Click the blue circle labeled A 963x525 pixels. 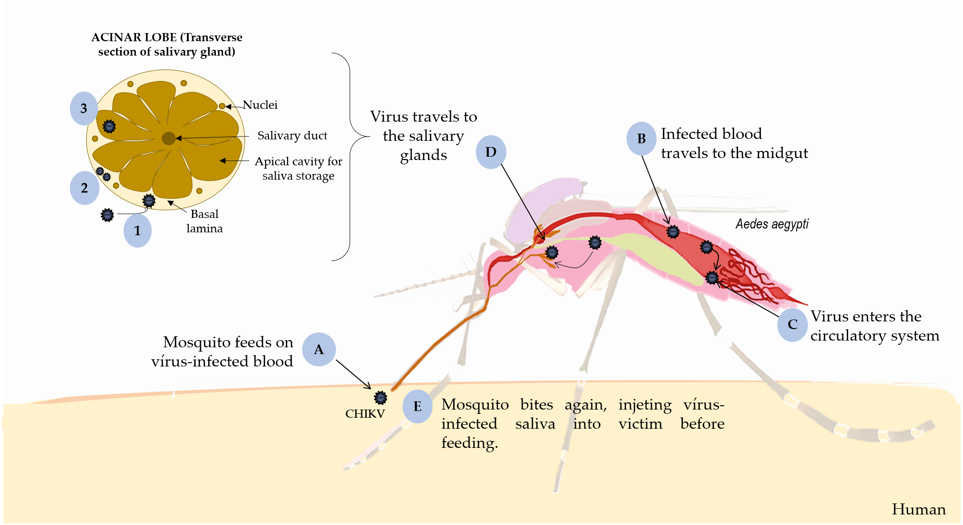click(319, 350)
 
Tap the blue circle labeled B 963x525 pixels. click(641, 139)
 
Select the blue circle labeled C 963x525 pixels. click(793, 325)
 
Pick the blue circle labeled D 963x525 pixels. click(491, 152)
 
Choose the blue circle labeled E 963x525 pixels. click(417, 406)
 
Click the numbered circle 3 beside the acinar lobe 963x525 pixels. click(84, 109)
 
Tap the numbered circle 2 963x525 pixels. click(84, 188)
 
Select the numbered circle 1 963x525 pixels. click(137, 231)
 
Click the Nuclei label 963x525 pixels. click(260, 105)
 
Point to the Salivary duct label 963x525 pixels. click(292, 136)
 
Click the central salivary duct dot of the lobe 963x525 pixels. click(168, 138)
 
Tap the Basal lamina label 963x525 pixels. click(204, 221)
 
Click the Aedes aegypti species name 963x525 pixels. click(772, 224)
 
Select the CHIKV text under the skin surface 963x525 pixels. click(365, 414)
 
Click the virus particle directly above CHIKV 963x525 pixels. click(381, 398)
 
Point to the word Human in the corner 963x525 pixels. click(918, 509)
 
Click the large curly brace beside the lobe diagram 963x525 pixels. click(350, 157)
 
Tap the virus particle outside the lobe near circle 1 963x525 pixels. click(108, 215)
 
